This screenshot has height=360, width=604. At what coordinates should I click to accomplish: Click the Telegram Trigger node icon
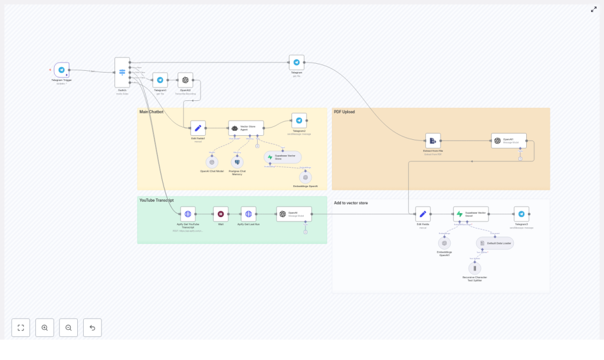[61, 70]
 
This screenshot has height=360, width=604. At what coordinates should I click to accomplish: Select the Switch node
[122, 73]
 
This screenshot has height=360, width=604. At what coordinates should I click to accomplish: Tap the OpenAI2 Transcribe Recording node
[185, 80]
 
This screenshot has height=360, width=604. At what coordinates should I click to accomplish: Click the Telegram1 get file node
[160, 80]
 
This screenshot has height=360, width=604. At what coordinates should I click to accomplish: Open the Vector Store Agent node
[246, 128]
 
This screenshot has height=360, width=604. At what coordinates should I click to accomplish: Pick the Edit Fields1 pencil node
[198, 128]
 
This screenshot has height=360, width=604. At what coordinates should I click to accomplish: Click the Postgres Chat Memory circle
[237, 162]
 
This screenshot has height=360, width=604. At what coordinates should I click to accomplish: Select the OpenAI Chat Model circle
[212, 162]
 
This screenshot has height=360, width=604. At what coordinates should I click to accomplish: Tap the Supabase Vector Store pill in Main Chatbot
[283, 157]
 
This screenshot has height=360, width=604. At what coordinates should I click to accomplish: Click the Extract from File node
[433, 140]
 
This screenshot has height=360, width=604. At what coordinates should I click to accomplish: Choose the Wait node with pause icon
[221, 214]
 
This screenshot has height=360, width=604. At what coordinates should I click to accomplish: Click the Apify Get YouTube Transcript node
[188, 214]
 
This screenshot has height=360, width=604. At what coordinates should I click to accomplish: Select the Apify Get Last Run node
[248, 214]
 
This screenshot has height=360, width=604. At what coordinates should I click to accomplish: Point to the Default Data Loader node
[495, 243]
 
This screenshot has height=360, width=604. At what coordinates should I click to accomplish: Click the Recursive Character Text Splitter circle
[474, 268]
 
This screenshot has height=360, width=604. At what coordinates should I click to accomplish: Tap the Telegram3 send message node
[521, 214]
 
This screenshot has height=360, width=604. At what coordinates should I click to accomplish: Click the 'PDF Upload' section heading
[344, 112]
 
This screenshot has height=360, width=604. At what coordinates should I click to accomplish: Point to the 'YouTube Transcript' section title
[156, 201]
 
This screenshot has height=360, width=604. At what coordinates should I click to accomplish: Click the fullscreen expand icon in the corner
[593, 9]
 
